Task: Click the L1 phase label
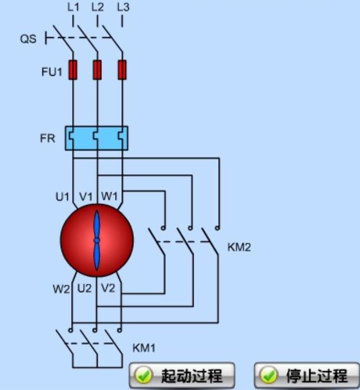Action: (x=73, y=7)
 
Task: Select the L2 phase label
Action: (x=97, y=7)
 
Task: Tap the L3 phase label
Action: (x=123, y=7)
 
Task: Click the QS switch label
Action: (x=28, y=39)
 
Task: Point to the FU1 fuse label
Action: (x=51, y=71)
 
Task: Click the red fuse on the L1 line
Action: (x=73, y=70)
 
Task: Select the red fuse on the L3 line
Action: (x=122, y=70)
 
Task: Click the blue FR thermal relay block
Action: (x=96, y=138)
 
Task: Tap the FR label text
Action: (x=47, y=138)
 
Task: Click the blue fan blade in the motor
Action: (x=96, y=240)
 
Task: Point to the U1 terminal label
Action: (x=62, y=197)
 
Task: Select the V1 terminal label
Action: (x=85, y=197)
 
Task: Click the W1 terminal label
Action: (x=109, y=197)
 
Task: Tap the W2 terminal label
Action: (x=61, y=289)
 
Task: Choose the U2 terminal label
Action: (x=84, y=289)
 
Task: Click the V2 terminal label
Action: (x=108, y=289)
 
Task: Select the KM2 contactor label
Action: (x=239, y=247)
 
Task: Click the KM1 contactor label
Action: (x=144, y=348)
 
